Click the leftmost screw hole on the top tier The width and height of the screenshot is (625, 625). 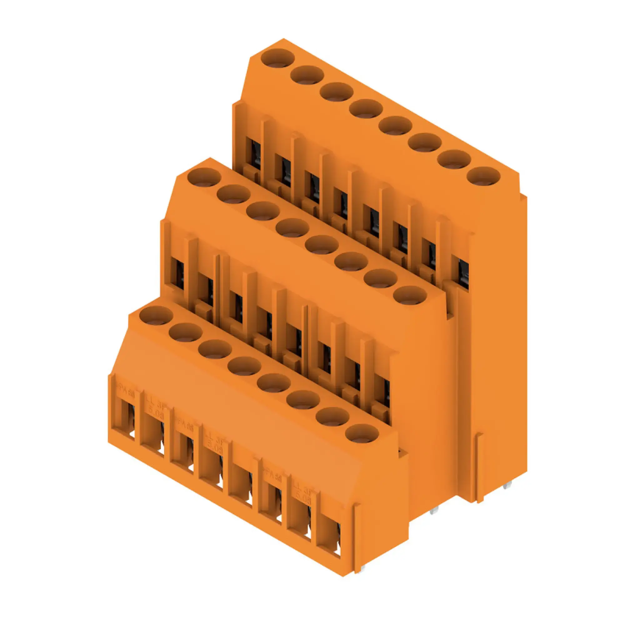pyautogui.click(x=277, y=58)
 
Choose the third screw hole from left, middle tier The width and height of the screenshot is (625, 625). pyautogui.click(x=263, y=211)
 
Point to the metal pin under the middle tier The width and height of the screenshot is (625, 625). pyautogui.click(x=433, y=520)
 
